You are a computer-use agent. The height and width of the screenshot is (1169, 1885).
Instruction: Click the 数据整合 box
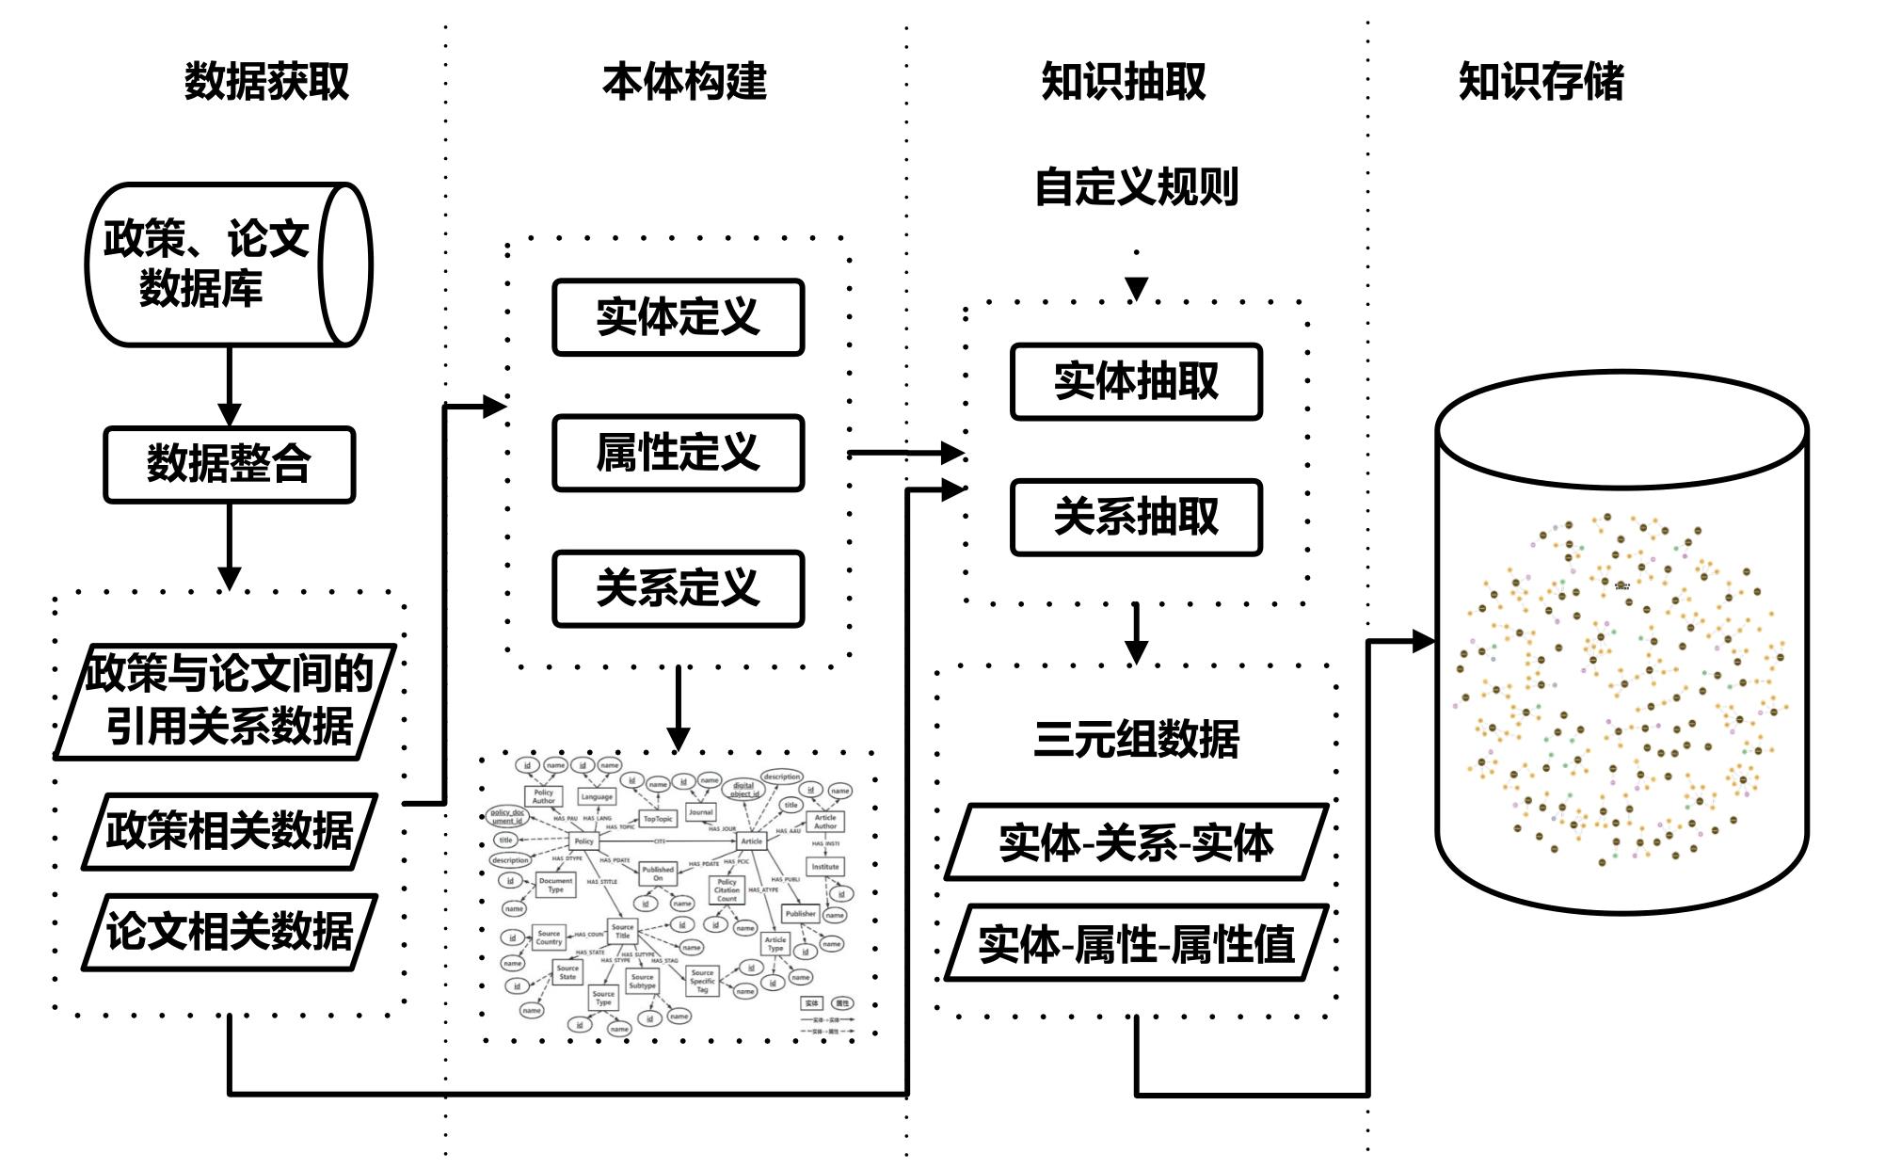pyautogui.click(x=229, y=464)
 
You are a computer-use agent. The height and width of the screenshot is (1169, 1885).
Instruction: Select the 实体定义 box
pyautogui.click(x=678, y=317)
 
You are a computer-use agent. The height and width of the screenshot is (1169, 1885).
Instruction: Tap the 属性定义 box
pyautogui.click(x=678, y=453)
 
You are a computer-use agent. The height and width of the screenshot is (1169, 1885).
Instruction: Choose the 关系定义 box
pyautogui.click(x=678, y=588)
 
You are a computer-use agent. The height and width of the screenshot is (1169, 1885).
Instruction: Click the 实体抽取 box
pyautogui.click(x=1136, y=381)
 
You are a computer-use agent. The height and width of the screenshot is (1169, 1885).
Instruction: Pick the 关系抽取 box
pyautogui.click(x=1136, y=517)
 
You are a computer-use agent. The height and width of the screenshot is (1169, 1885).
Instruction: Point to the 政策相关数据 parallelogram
pyautogui.click(x=229, y=831)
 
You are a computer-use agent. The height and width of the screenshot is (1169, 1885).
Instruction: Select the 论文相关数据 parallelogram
pyautogui.click(x=229, y=932)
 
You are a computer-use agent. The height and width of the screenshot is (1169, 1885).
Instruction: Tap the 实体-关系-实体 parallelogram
pyautogui.click(x=1136, y=842)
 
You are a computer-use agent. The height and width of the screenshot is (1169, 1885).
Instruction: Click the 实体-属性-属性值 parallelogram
pyautogui.click(x=1136, y=943)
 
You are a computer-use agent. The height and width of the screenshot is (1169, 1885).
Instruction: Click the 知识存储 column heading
pyautogui.click(x=1541, y=82)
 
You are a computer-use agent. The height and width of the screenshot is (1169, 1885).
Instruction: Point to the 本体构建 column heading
pyautogui.click(x=684, y=82)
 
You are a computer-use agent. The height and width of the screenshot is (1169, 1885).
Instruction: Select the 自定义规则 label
pyautogui.click(x=1136, y=186)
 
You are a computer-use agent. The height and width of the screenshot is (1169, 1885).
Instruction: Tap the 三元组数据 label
pyautogui.click(x=1136, y=739)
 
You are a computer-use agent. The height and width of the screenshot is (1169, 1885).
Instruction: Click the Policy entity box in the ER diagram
pyautogui.click(x=583, y=841)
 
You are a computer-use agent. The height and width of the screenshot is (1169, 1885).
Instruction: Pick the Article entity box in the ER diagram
pyautogui.click(x=751, y=841)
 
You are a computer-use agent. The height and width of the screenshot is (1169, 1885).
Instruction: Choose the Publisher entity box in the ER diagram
pyautogui.click(x=800, y=913)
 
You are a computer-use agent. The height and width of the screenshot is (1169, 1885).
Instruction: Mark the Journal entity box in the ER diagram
pyautogui.click(x=700, y=811)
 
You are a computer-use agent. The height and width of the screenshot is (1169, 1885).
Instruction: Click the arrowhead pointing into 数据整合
pyautogui.click(x=229, y=414)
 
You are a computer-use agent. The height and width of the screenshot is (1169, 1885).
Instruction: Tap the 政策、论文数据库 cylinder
pyautogui.click(x=229, y=264)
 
